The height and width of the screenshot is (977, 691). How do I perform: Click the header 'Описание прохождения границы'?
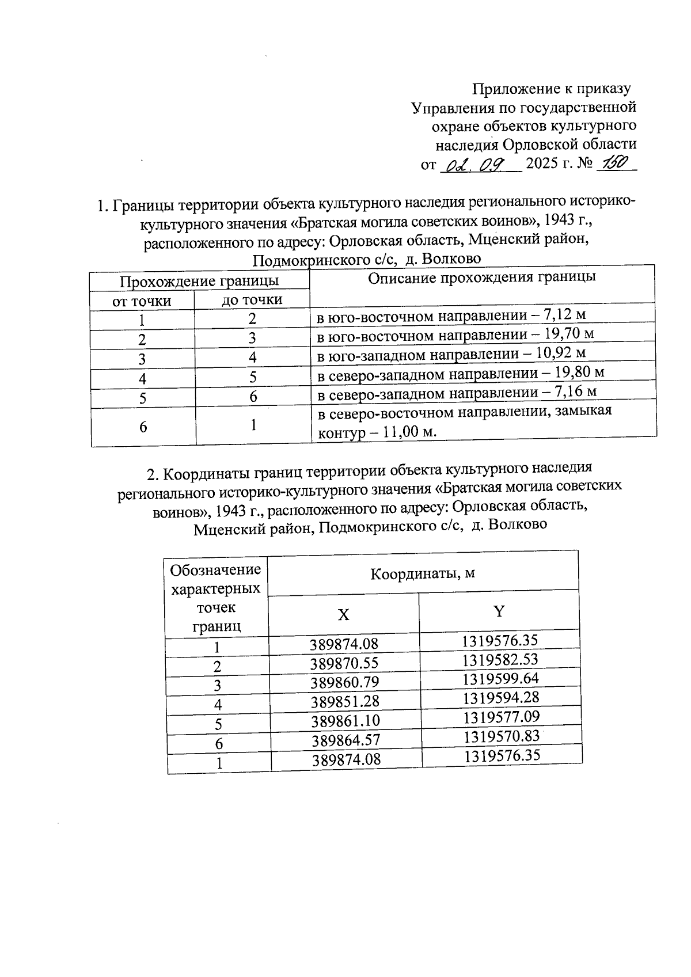481,277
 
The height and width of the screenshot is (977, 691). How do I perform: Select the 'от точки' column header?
142,301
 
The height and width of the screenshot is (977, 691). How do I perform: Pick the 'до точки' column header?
252,299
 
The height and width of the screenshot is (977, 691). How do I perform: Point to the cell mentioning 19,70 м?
455,334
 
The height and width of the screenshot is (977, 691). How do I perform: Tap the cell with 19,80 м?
461,374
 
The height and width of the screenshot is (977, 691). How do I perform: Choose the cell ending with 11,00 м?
464,421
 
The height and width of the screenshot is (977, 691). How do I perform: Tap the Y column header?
499,611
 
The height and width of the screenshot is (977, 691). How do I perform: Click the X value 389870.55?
344,663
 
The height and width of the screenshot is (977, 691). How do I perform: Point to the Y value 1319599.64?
500,678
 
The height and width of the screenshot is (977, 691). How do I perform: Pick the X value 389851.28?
345,702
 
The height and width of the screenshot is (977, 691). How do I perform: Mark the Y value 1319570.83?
502,736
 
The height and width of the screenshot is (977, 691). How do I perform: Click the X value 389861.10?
345,721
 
